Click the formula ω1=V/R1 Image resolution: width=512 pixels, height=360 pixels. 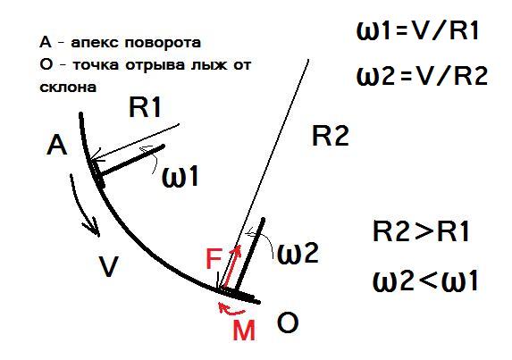click(x=417, y=31)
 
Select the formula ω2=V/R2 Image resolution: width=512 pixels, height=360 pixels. click(x=422, y=75)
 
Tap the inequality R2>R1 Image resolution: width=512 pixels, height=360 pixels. click(x=421, y=231)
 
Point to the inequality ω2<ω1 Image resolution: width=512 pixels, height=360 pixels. click(x=425, y=280)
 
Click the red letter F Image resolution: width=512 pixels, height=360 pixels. click(x=214, y=258)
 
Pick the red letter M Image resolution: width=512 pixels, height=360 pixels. click(x=244, y=330)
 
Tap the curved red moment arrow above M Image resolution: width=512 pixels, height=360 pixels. click(x=231, y=310)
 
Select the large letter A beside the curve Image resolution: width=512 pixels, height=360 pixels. click(x=57, y=146)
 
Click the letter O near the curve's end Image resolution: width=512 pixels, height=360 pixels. click(x=288, y=322)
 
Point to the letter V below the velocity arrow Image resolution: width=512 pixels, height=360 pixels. click(x=108, y=266)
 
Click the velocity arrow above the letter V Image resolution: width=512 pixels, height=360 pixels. click(x=82, y=205)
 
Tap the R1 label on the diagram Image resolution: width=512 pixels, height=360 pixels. click(x=145, y=107)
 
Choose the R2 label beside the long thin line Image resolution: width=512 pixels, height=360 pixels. click(x=331, y=135)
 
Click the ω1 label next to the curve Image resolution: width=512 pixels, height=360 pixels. click(x=180, y=177)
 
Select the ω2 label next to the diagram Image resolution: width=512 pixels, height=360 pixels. click(x=298, y=254)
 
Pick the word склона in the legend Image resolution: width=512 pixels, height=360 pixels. click(x=68, y=88)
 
